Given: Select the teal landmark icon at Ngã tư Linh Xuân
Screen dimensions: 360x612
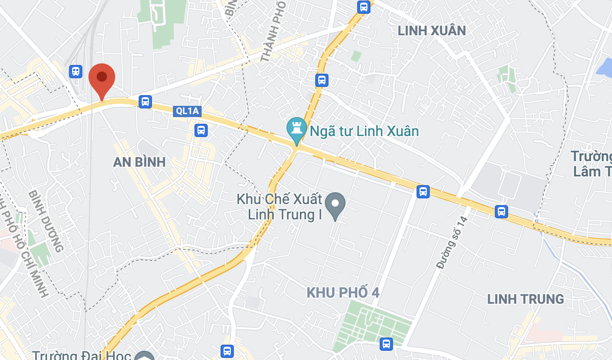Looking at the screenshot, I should (x=296, y=129).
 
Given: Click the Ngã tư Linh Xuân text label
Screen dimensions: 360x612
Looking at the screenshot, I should (x=364, y=131).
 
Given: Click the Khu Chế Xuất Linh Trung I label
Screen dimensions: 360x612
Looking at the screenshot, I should (x=279, y=207).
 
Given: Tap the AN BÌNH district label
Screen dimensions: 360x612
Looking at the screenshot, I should (x=139, y=162).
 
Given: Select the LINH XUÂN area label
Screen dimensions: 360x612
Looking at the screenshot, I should (x=432, y=31).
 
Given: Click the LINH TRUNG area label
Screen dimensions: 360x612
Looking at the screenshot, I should (x=526, y=299).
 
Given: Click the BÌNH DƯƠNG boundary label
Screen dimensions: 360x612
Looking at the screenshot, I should (x=46, y=221).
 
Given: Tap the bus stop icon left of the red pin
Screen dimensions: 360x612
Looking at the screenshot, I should (x=76, y=71).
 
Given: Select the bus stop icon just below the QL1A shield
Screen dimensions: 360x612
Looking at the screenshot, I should (x=201, y=130).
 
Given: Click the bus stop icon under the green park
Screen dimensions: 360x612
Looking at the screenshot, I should (x=386, y=344).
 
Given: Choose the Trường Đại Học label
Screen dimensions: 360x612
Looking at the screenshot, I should (x=82, y=355).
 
